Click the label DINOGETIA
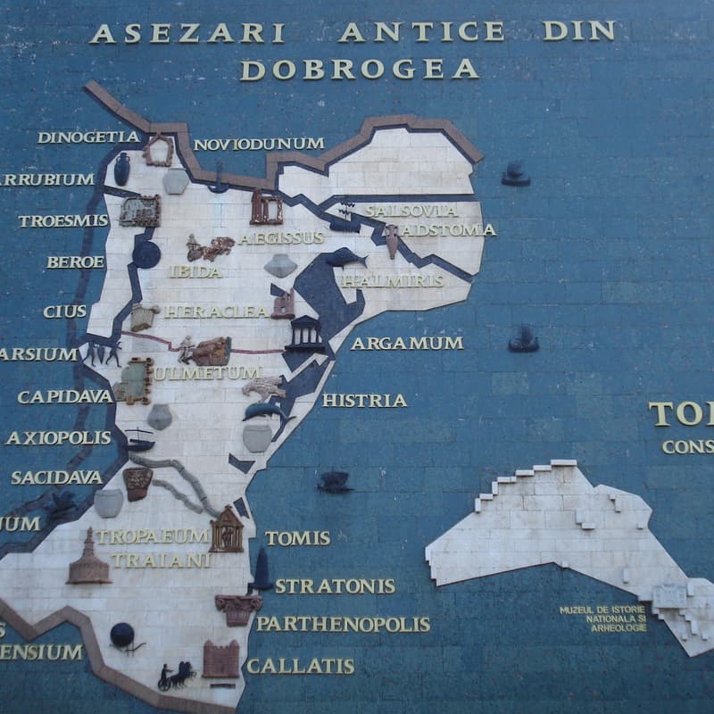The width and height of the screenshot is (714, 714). (88, 137)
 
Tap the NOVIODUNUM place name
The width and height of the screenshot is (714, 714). (259, 144)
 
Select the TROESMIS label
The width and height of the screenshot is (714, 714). (62, 220)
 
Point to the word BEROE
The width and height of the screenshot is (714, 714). (76, 262)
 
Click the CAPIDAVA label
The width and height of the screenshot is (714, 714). (65, 396)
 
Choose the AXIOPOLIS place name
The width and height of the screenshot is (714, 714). (59, 438)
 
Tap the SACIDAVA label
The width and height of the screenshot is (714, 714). (56, 477)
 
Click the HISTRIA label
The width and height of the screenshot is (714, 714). (364, 401)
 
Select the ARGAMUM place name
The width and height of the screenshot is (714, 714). (407, 343)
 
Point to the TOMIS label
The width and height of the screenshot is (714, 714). (297, 538)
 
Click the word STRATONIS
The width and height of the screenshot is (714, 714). (335, 586)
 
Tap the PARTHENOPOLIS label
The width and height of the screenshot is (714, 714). (343, 624)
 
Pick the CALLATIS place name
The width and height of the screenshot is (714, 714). (300, 666)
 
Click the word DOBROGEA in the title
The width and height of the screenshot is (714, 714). (359, 70)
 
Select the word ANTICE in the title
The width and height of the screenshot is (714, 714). (421, 32)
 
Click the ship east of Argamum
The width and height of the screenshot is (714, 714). (523, 338)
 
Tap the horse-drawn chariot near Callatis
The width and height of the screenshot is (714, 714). (176, 675)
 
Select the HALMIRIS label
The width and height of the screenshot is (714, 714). (393, 280)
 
